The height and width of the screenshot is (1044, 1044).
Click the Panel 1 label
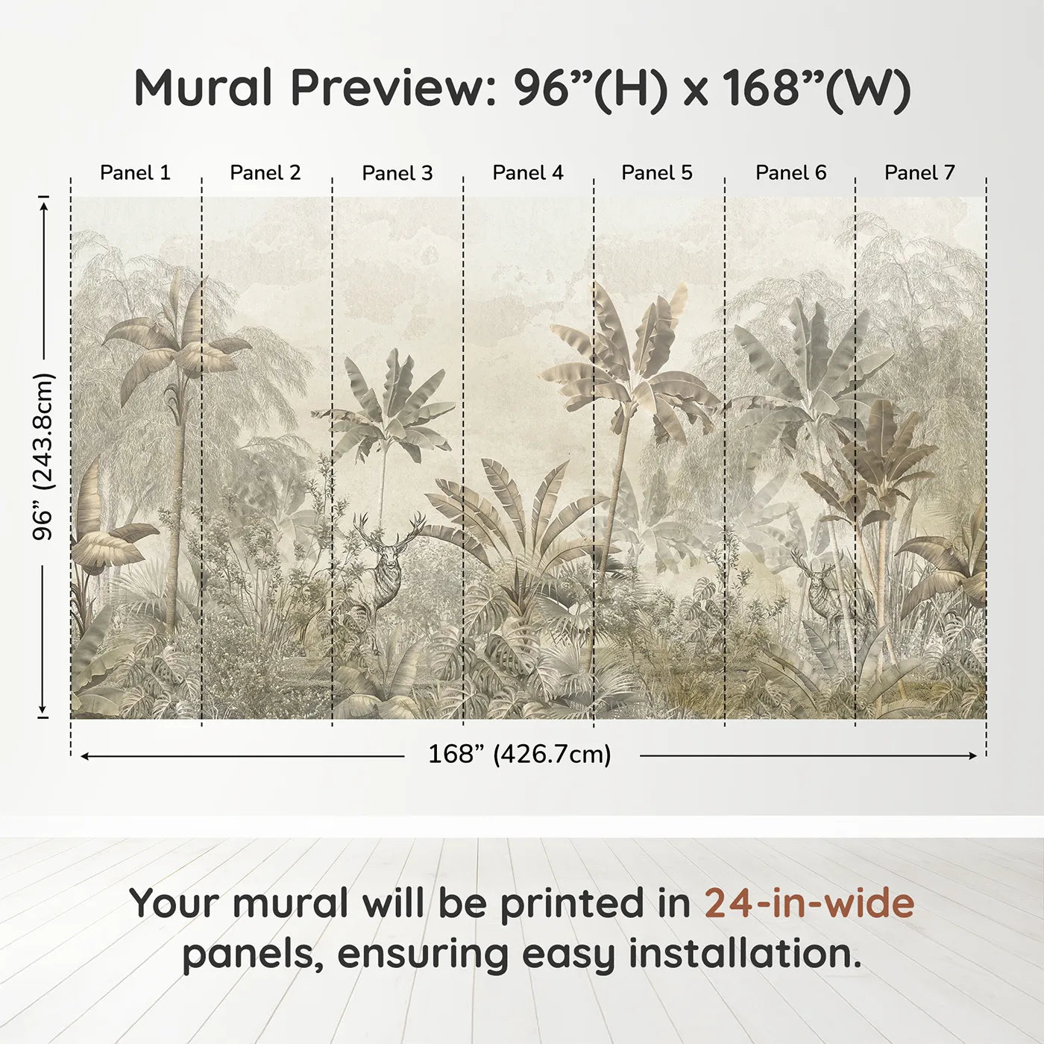click(135, 173)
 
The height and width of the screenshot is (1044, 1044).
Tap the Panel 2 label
click(265, 173)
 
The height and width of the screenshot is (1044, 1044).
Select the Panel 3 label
click(397, 173)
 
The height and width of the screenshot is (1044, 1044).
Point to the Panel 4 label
click(528, 173)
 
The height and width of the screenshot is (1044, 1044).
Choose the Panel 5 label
click(657, 173)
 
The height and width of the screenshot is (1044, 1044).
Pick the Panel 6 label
click(790, 173)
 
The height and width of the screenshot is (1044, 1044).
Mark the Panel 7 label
click(919, 173)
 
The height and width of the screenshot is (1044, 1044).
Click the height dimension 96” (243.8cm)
click(44, 456)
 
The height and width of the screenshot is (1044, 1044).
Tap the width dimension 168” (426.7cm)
click(520, 755)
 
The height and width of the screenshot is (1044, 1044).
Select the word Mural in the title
click(203, 88)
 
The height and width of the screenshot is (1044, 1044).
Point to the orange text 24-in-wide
click(809, 904)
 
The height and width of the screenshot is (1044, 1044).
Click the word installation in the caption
click(744, 955)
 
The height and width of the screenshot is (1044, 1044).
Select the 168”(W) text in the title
click(816, 88)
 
